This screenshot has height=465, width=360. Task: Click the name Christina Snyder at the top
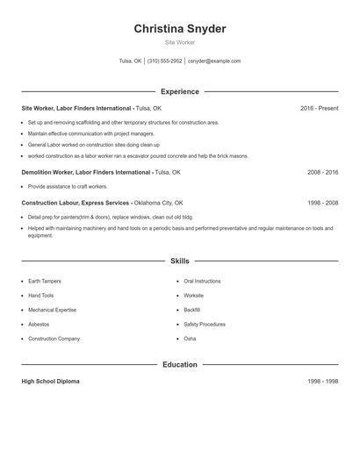tap(180, 29)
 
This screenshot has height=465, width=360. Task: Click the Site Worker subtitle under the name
tap(180, 42)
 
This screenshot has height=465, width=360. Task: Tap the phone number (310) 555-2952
tap(165, 61)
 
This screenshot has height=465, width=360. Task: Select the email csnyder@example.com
tap(214, 61)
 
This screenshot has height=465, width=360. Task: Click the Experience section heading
tap(180, 91)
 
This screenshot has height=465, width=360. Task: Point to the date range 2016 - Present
tap(319, 108)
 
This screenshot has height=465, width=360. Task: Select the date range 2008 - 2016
tap(322, 173)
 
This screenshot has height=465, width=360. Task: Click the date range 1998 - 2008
tap(322, 203)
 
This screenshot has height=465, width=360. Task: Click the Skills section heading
tap(180, 261)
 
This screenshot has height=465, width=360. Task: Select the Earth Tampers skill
tap(45, 281)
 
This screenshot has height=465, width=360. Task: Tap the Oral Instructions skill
tap(202, 281)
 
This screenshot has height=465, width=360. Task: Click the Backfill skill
tap(192, 310)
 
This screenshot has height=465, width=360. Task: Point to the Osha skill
tap(190, 338)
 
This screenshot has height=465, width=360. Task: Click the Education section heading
tap(180, 364)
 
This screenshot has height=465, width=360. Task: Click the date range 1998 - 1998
tap(322, 382)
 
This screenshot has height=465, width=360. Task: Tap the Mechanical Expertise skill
tap(52, 310)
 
